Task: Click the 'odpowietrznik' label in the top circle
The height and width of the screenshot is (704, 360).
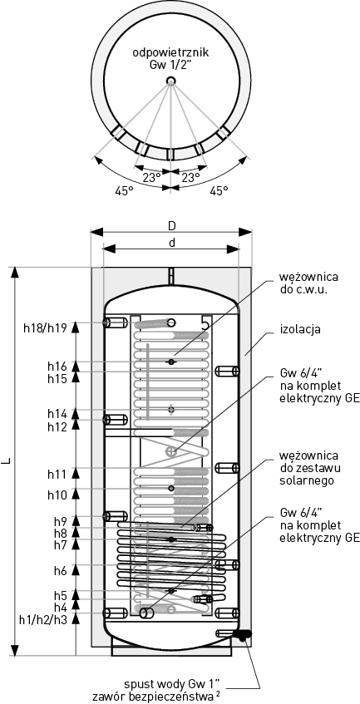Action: click(170, 53)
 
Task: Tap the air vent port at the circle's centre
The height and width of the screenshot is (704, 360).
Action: click(170, 81)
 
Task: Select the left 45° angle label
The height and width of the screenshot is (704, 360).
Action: click(125, 191)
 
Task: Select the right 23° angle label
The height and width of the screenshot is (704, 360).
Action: click(190, 177)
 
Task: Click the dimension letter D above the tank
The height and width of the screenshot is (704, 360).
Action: click(172, 226)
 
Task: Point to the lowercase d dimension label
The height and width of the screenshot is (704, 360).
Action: click(171, 243)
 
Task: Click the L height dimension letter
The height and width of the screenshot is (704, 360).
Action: click(8, 461)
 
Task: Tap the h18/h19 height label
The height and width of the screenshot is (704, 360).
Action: click(46, 327)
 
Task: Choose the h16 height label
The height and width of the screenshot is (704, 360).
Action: click(57, 367)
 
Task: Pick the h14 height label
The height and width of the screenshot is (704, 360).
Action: click(57, 413)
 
